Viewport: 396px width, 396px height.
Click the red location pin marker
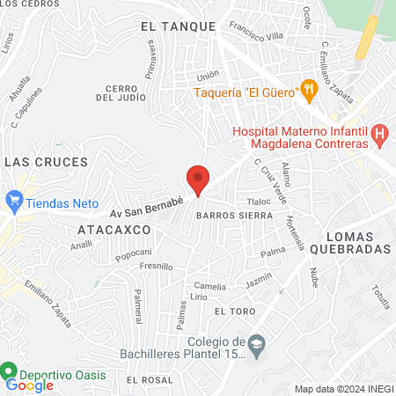198,179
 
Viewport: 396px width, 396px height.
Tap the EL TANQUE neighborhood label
178,26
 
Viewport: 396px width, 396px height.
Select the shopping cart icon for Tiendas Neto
13,201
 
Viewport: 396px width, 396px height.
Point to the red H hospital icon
379,136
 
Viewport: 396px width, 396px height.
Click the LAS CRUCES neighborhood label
47,162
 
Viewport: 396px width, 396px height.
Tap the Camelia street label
209,286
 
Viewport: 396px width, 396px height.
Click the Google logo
29,385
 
